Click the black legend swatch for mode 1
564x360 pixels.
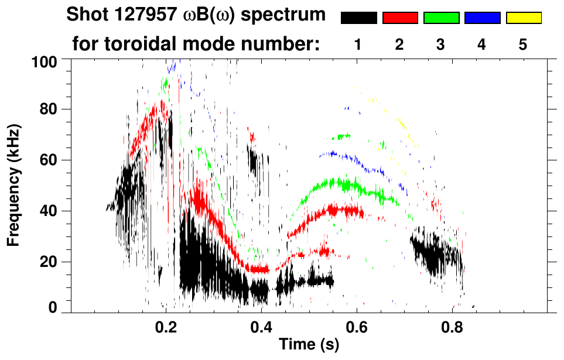pyautogui.click(x=358, y=18)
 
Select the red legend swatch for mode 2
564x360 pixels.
pyautogui.click(x=400, y=18)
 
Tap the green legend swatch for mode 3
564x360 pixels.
pyautogui.click(x=441, y=18)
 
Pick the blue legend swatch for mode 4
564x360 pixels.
pyautogui.click(x=482, y=18)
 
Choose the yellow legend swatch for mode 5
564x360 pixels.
pyautogui.click(x=523, y=18)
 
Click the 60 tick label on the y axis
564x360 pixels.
pyautogui.click(x=50, y=160)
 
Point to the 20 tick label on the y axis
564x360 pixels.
pyautogui.click(x=50, y=262)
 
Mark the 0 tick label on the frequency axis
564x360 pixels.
pyautogui.click(x=53, y=308)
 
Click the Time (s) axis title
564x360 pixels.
pyautogui.click(x=309, y=345)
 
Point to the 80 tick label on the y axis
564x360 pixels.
pyautogui.click(x=50, y=109)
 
